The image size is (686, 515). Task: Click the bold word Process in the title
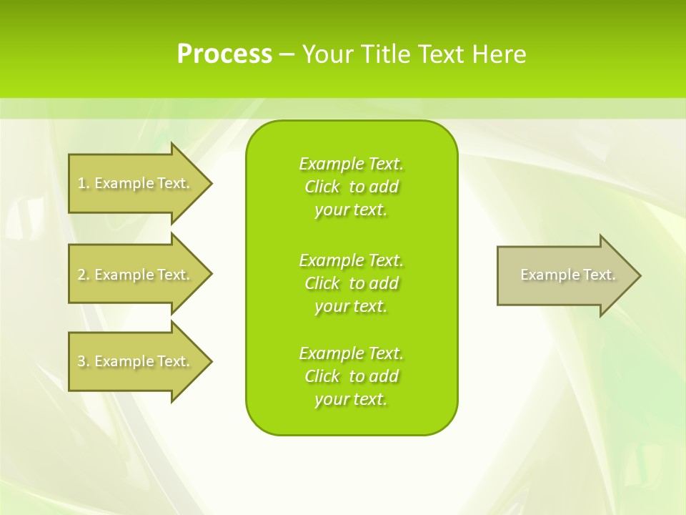[x=224, y=54]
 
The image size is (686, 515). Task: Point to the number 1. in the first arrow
[x=84, y=183]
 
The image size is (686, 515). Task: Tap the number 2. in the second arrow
[x=84, y=275]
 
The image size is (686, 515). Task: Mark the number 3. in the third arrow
[x=84, y=361]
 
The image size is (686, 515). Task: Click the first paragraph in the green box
[x=351, y=187]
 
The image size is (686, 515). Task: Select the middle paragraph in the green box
[x=351, y=283]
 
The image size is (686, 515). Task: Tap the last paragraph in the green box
[x=351, y=376]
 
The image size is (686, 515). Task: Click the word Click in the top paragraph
[x=322, y=187]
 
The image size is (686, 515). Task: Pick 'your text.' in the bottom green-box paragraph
[x=351, y=399]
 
